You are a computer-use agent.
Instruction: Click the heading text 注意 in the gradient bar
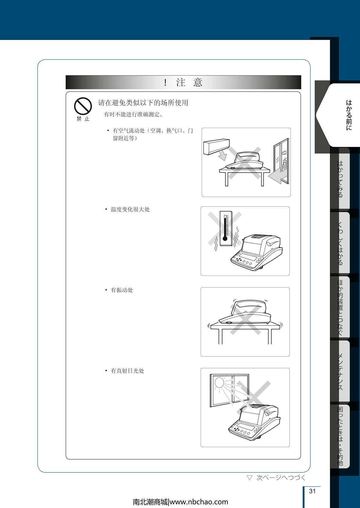(x=189, y=82)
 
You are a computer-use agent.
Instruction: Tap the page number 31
(x=312, y=491)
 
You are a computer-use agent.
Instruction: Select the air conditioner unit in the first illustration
(x=217, y=147)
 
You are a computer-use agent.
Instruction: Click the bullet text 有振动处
(x=122, y=290)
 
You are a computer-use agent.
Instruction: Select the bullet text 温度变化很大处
(x=130, y=209)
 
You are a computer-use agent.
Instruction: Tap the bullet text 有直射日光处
(x=127, y=371)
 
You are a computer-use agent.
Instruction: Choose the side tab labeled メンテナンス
(x=340, y=372)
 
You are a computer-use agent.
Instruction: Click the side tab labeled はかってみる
(x=340, y=179)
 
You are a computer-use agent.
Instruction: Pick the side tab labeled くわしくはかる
(x=340, y=243)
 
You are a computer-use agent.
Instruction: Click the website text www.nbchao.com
(x=199, y=502)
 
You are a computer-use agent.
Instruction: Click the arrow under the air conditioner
(x=222, y=156)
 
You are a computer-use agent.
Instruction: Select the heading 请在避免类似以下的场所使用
(x=143, y=103)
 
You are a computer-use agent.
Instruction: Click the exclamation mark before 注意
(x=165, y=82)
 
